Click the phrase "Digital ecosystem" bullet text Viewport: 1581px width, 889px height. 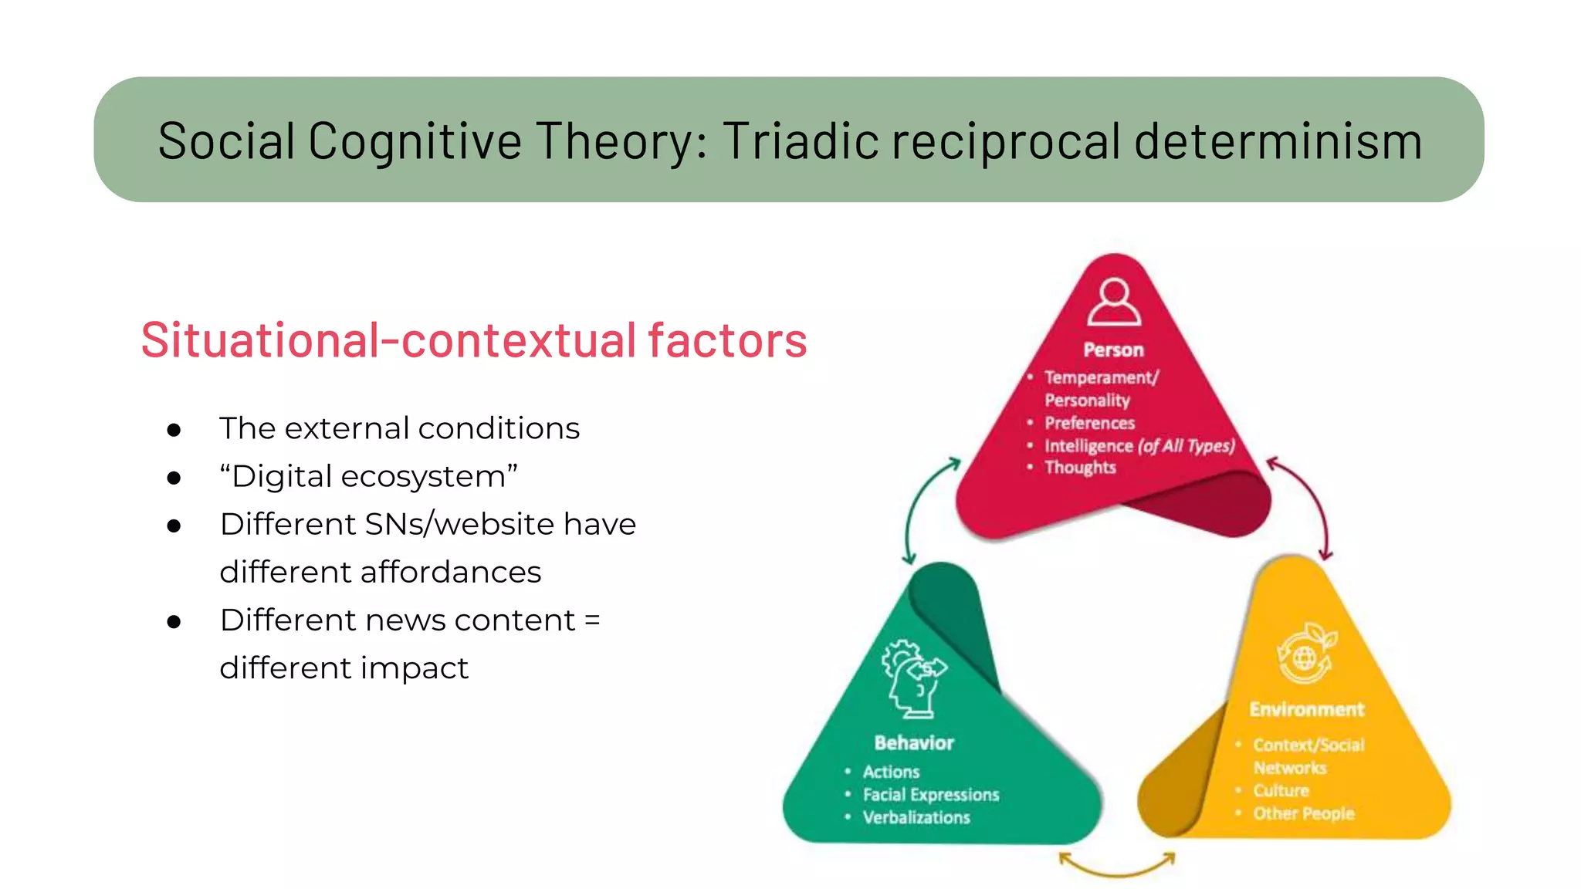[x=368, y=476]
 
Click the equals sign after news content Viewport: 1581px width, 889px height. [x=592, y=620]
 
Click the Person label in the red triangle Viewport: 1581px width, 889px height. [x=1113, y=350]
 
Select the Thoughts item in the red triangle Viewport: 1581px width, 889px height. [x=1080, y=468]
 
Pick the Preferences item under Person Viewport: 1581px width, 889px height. [x=1089, y=423]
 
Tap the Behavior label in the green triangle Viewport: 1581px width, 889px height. [x=914, y=743]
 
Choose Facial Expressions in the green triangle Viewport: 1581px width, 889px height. [x=930, y=795]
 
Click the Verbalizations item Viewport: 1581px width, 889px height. [x=916, y=818]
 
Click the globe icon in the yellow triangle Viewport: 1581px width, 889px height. [x=1305, y=655]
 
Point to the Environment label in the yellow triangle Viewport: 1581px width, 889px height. [x=1306, y=709]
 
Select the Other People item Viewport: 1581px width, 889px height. [x=1303, y=813]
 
